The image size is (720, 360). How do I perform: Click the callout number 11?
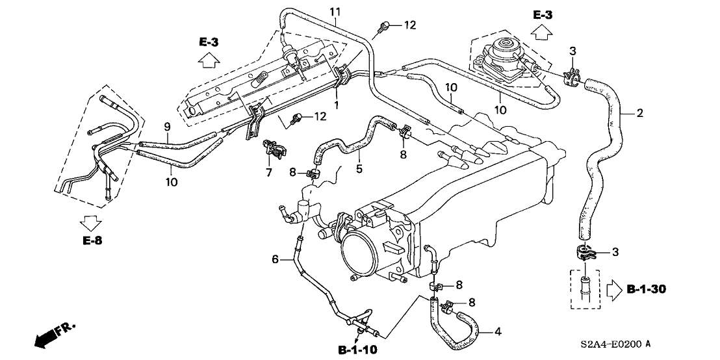pyautogui.click(x=335, y=12)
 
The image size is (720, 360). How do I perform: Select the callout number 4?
pyautogui.click(x=497, y=332)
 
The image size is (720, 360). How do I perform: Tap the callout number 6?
pyautogui.click(x=275, y=260)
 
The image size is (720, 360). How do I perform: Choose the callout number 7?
pyautogui.click(x=268, y=174)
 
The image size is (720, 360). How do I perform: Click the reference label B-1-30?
pyautogui.click(x=648, y=288)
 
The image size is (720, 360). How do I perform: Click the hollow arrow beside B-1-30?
pyautogui.click(x=614, y=287)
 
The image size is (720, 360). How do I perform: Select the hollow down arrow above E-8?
pyautogui.click(x=89, y=223)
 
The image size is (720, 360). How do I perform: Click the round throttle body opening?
pyautogui.click(x=359, y=250)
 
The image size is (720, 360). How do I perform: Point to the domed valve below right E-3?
pyautogui.click(x=504, y=50)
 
